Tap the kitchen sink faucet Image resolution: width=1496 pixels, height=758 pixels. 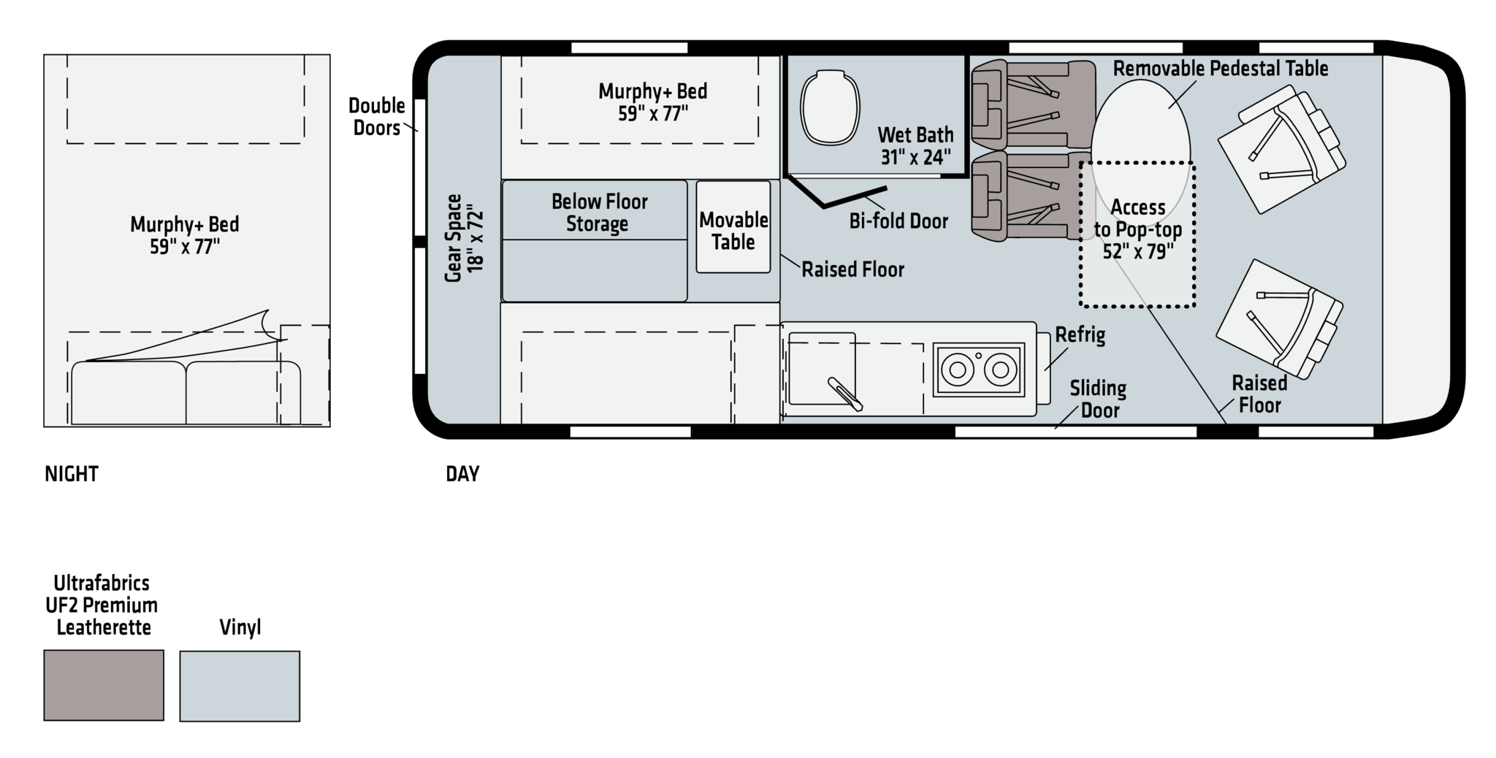pos(845,394)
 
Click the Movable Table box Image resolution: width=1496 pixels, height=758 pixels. pos(733,227)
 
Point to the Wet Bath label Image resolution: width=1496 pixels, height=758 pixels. pos(915,145)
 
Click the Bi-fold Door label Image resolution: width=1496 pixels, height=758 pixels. pos(898,221)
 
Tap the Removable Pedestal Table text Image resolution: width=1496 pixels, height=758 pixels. pos(1221,69)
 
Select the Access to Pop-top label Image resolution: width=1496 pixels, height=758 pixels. pos(1138,229)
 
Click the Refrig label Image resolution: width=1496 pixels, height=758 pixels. pos(1080,335)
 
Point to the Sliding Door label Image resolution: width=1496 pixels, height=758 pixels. pos(1099,399)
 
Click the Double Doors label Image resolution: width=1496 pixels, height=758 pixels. pos(377,117)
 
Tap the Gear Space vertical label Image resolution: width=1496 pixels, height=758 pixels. pos(465,237)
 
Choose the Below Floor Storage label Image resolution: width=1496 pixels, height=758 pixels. pos(600,213)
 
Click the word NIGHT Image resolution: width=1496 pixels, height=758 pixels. pos(72,474)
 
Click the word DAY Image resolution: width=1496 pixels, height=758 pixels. pos(462,474)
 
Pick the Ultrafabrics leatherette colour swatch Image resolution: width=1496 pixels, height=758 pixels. pos(104,685)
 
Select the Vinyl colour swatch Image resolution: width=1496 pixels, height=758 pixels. pos(240,686)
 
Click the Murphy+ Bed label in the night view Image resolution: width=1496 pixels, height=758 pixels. pos(185,235)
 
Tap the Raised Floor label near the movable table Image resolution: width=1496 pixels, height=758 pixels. pos(853,269)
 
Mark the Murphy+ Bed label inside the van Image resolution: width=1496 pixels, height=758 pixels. pos(653,102)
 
